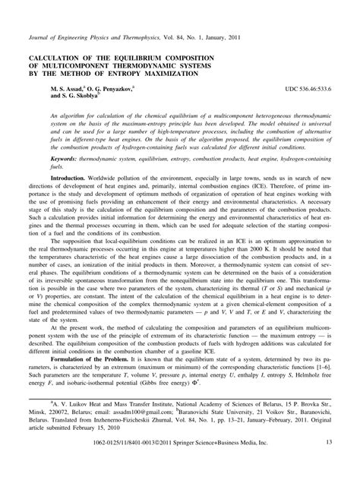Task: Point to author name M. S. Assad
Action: [71, 90]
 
